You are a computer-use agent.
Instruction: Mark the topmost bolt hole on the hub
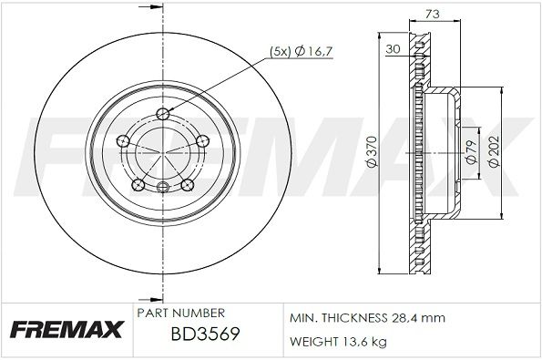(163, 113)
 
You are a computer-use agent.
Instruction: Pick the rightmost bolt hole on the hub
(202, 141)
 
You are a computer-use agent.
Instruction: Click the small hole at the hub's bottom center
(163, 189)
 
